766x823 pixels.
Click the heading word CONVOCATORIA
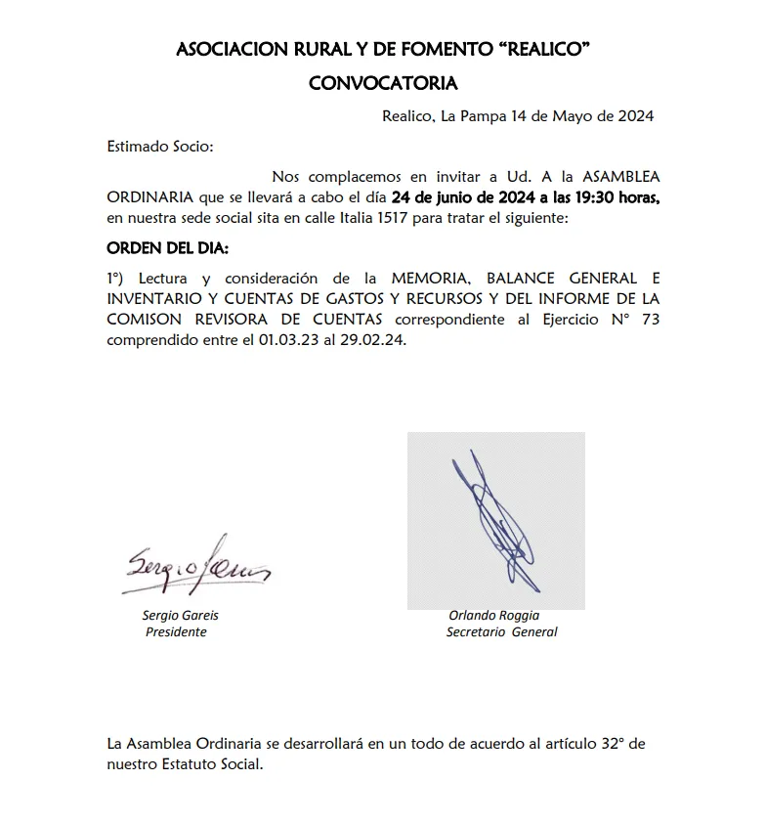point(383,83)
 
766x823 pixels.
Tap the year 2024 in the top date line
point(634,116)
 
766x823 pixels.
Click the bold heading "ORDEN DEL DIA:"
point(167,248)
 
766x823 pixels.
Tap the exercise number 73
point(651,320)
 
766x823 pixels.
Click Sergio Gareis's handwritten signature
point(196,563)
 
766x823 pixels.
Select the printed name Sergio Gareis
point(180,616)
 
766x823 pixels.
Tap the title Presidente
point(176,632)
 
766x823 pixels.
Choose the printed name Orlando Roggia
point(493,616)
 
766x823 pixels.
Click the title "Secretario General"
point(501,632)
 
